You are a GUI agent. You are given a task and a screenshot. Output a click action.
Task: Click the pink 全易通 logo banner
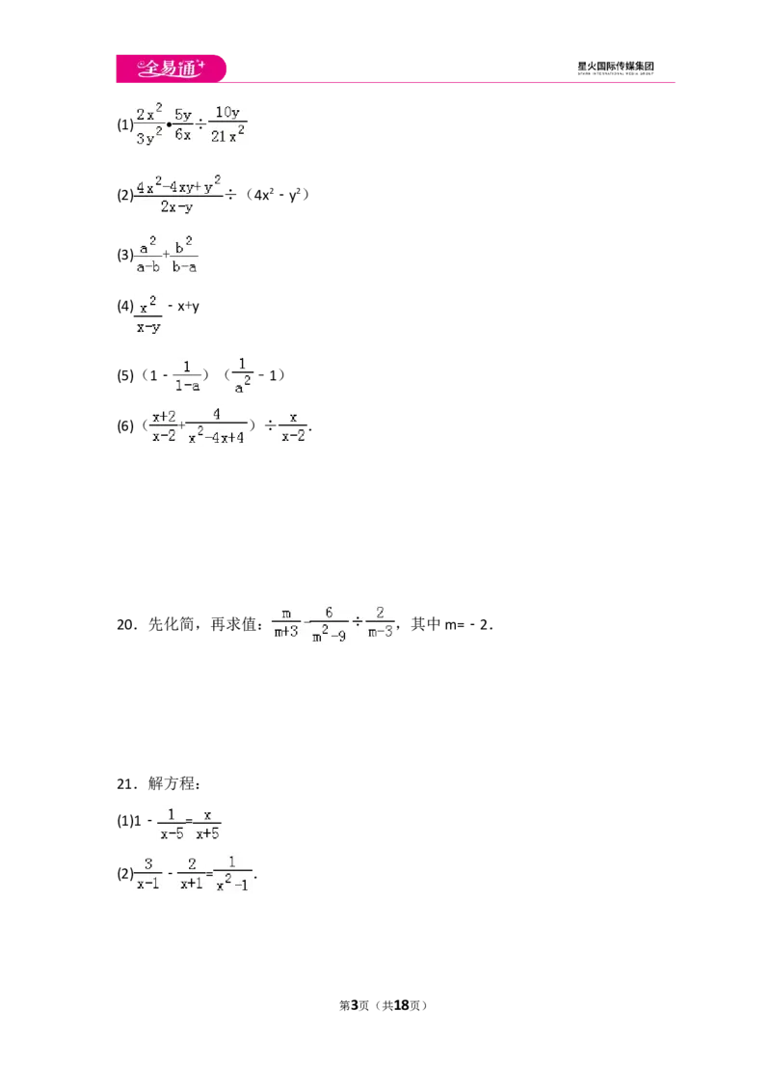point(172,68)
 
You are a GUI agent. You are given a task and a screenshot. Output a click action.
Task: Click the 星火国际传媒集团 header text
point(615,67)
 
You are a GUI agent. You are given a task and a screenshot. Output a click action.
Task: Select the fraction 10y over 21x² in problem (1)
point(227,124)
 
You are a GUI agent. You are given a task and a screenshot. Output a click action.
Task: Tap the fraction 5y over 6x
point(183,124)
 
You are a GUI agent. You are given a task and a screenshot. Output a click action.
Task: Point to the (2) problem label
point(124,195)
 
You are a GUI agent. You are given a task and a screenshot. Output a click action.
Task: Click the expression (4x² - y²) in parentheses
point(277,195)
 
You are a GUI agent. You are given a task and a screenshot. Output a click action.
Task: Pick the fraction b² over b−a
point(184,255)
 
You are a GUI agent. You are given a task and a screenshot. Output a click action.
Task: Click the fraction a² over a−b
point(147,255)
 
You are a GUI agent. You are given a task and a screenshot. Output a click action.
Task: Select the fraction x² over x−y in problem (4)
point(148,315)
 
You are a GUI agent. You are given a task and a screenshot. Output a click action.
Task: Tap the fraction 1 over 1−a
point(187,376)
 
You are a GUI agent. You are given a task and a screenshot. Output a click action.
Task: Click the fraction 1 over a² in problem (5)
point(242,376)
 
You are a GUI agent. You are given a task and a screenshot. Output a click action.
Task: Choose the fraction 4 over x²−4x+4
point(217,425)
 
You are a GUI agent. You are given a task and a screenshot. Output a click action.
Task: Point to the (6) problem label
point(124,425)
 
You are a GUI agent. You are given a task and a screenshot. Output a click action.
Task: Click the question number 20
point(126,625)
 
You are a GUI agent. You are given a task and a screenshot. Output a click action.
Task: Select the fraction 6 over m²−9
point(329,624)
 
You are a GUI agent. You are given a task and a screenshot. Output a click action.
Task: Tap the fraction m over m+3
point(286,623)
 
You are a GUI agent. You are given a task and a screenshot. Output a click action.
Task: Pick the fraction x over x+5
point(207,824)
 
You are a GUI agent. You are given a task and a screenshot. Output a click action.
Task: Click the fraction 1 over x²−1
point(232,873)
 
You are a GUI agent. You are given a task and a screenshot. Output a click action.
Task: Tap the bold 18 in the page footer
point(402,1005)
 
